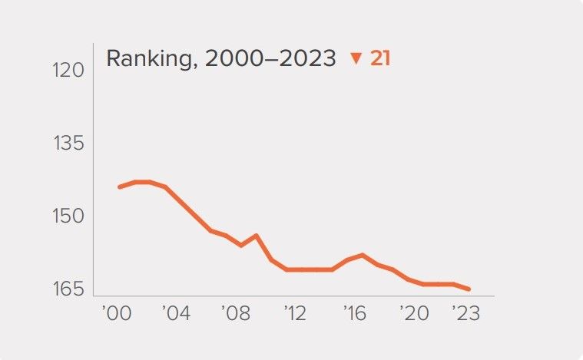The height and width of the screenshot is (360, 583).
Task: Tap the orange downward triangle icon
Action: click(355, 58)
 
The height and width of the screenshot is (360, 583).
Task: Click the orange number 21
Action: click(380, 58)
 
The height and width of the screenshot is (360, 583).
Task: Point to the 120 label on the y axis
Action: click(68, 71)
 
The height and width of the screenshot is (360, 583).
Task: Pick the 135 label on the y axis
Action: click(68, 144)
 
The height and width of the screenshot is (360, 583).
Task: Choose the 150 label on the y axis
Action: click(68, 216)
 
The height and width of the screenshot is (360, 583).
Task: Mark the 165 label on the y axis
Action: click(68, 289)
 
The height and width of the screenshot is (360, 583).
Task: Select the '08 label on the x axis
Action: click(236, 314)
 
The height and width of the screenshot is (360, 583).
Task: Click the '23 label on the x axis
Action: click(465, 314)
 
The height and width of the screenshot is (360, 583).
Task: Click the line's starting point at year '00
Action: click(120, 187)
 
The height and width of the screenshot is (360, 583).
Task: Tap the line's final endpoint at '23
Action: click(469, 289)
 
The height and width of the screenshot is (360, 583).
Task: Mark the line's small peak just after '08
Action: click(256, 236)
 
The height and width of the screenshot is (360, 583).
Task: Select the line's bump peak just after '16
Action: click(362, 255)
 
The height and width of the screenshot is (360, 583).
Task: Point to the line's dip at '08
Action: click(240, 246)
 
